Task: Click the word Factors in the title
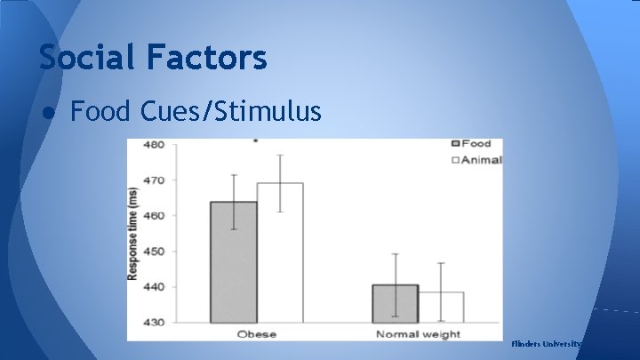[209, 58]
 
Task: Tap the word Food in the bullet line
[101, 111]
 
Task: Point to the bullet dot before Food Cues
[45, 112]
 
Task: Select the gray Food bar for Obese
[233, 261]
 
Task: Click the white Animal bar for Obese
[279, 252]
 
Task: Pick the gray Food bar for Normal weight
[395, 303]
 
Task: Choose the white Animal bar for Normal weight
[440, 307]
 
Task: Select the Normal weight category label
[418, 334]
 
